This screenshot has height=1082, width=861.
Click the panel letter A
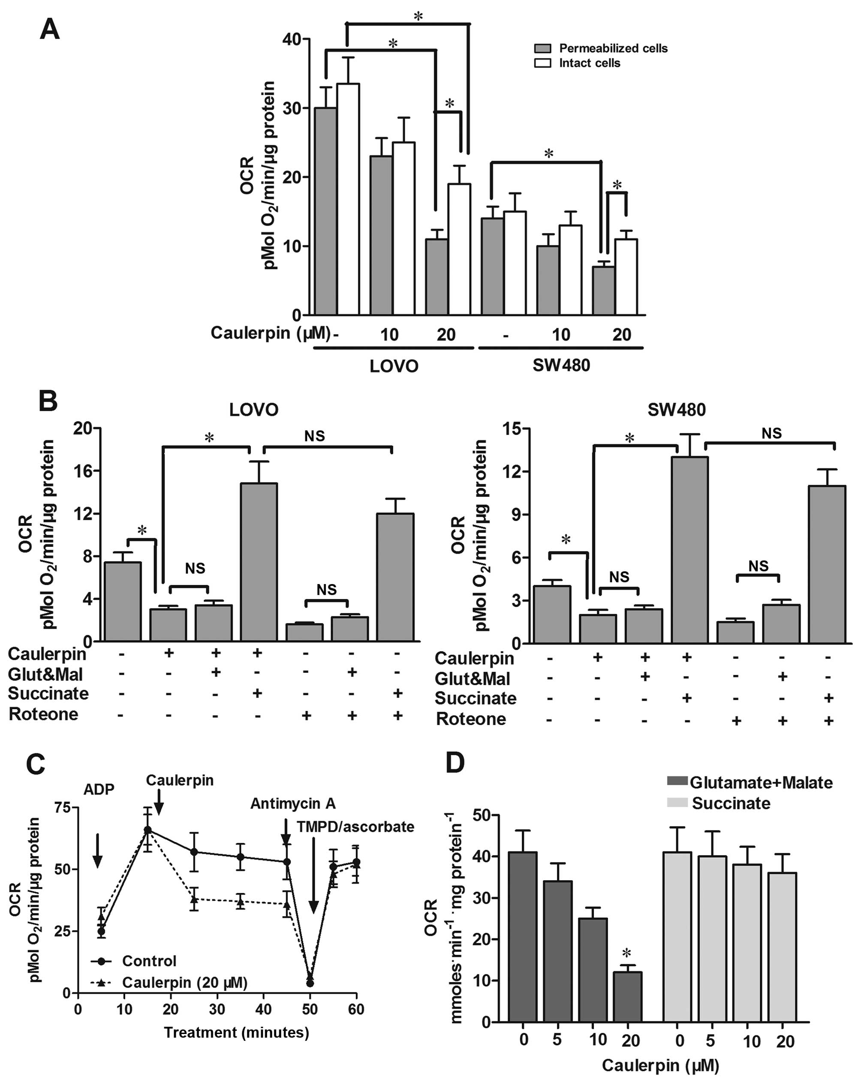[x=50, y=30]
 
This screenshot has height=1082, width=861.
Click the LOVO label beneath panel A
[x=394, y=366]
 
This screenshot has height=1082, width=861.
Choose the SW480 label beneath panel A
[x=561, y=365]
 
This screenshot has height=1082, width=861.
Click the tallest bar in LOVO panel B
[x=259, y=562]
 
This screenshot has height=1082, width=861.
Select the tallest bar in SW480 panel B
[x=689, y=549]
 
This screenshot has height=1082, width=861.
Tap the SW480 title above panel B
[x=676, y=410]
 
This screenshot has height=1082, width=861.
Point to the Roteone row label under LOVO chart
[x=44, y=714]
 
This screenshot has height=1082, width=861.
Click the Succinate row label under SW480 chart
[x=475, y=698]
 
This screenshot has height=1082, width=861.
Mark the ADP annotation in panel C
[x=99, y=789]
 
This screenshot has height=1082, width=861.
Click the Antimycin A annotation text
[x=293, y=803]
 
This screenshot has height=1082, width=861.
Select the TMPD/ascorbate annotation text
[x=355, y=827]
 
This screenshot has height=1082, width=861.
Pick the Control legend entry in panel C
[x=149, y=961]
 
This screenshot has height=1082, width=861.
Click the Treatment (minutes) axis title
[x=236, y=1032]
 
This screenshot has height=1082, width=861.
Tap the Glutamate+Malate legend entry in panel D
[x=761, y=782]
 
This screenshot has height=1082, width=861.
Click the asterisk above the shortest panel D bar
[x=626, y=953]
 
